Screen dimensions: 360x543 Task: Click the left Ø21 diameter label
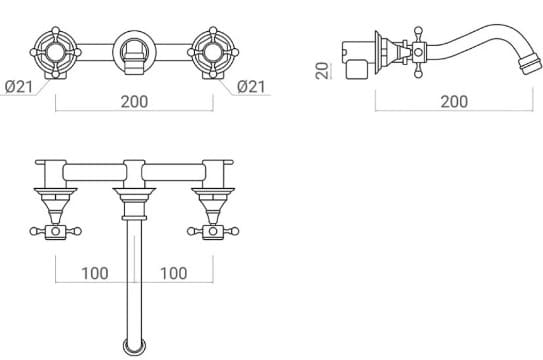click(x=19, y=87)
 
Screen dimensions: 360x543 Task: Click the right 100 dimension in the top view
click(x=173, y=272)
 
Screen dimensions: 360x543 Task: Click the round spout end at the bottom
click(x=133, y=347)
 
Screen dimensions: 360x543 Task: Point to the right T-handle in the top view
click(x=212, y=232)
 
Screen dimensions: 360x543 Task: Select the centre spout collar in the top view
click(x=133, y=200)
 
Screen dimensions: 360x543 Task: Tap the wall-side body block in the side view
click(x=357, y=58)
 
